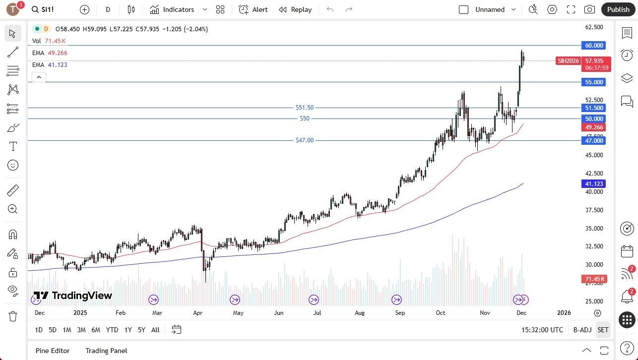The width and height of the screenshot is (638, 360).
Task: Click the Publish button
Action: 618,9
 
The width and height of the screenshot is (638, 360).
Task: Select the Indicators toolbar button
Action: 172,9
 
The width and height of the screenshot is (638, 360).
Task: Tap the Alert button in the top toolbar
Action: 253,9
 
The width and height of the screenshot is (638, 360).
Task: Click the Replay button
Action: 295,9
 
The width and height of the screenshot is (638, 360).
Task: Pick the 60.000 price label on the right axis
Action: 594,46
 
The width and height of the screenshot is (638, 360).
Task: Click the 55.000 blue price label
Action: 594,82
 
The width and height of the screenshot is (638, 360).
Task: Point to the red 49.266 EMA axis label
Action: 594,127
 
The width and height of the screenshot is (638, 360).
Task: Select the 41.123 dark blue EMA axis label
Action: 594,184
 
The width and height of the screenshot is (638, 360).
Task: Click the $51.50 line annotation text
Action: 304,108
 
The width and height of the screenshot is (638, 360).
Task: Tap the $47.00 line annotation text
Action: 304,140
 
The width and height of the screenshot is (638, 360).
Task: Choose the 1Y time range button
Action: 128,330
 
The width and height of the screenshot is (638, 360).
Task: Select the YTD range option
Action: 112,330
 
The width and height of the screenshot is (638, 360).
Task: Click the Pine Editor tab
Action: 53,351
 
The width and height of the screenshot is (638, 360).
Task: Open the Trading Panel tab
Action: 106,351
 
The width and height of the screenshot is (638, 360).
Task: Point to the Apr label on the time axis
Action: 197,313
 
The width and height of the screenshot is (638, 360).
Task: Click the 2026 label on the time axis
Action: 564,313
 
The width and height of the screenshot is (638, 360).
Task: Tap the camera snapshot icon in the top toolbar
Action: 589,9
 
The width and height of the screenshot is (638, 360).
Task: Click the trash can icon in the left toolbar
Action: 13,316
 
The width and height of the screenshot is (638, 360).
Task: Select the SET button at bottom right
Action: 603,330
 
